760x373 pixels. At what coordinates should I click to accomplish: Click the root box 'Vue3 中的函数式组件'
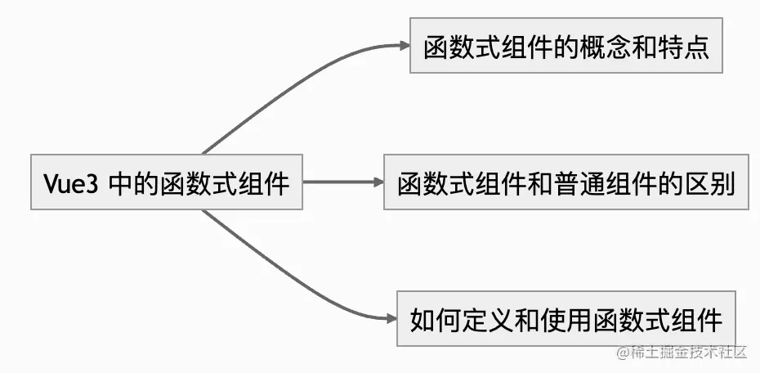coord(166,183)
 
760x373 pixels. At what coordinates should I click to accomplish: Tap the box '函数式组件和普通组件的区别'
coord(566,183)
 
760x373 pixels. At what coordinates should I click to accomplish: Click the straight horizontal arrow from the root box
coord(339,183)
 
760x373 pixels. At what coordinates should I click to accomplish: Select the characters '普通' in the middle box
coord(579,183)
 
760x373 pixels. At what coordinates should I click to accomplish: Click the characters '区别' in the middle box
coord(710,183)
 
